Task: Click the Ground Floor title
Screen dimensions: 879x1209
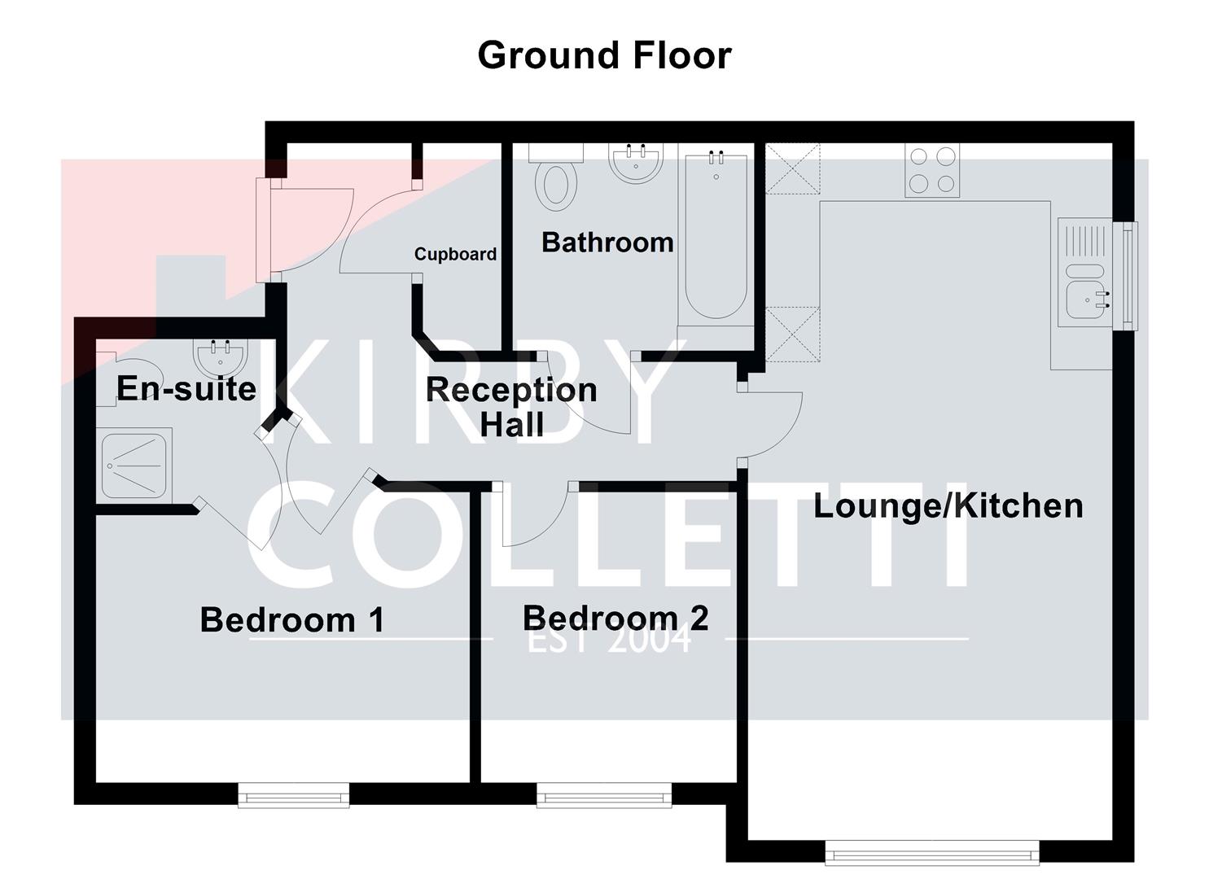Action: [x=604, y=55]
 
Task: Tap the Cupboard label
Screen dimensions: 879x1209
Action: [x=455, y=254]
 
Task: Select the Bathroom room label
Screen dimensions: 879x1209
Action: [x=607, y=242]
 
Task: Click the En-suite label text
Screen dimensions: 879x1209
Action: [x=186, y=388]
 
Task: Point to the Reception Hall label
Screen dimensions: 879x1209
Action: [x=511, y=406]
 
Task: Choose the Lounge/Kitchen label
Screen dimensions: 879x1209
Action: [x=948, y=505]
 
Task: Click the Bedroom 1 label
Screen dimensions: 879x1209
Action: [x=292, y=619]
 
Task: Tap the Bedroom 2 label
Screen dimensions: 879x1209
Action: [x=615, y=618]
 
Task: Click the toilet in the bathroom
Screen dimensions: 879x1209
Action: [x=556, y=181]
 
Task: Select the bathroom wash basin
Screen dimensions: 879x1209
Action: [x=636, y=163]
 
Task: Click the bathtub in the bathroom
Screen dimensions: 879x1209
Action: [x=716, y=236]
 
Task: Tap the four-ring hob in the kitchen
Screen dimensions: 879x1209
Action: [x=932, y=170]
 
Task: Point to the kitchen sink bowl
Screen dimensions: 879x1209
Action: [x=1085, y=304]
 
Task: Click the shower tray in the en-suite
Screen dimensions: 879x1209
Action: [x=135, y=465]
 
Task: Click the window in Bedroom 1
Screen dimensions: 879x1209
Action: [x=294, y=795]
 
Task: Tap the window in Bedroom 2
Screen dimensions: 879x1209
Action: [x=604, y=795]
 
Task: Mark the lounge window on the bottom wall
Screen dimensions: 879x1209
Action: [x=932, y=853]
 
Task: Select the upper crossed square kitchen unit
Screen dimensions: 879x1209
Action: [x=792, y=168]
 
